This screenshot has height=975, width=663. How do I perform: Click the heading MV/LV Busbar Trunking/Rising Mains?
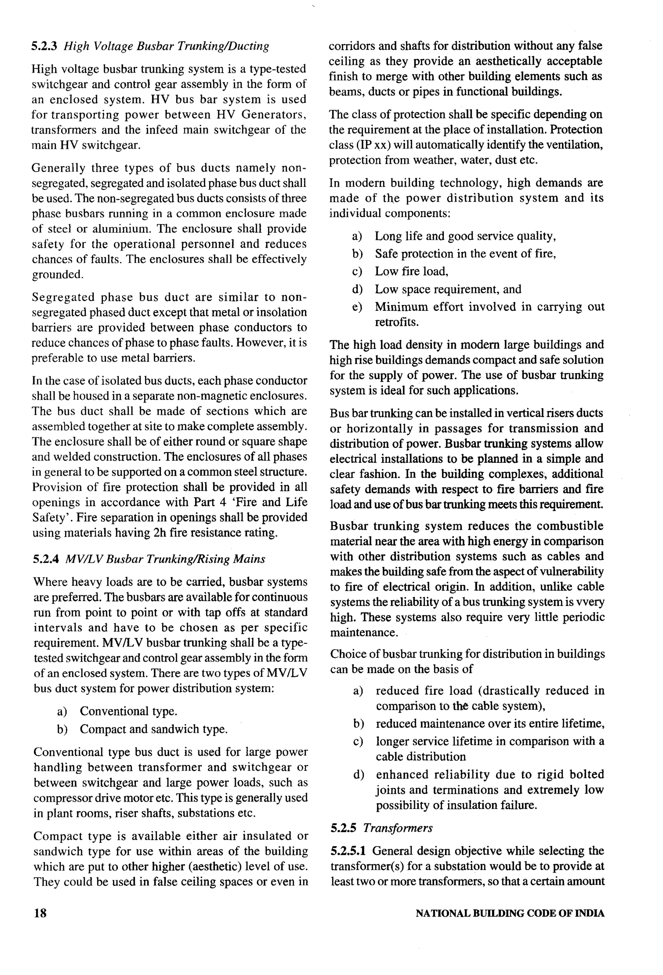(x=165, y=559)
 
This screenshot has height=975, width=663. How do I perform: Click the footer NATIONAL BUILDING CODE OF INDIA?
(x=510, y=914)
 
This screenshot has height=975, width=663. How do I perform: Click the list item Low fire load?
(x=411, y=272)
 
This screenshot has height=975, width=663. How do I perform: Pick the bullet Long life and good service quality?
(x=465, y=236)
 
